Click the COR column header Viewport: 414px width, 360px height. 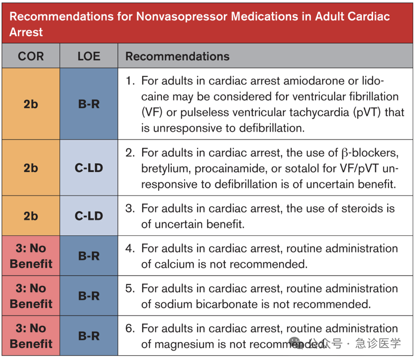tap(30, 56)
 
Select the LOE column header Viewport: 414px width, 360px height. tap(89, 56)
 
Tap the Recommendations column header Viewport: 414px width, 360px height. tap(177, 56)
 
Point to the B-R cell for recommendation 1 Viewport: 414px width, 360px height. tap(89, 104)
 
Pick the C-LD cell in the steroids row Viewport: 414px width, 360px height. tap(89, 216)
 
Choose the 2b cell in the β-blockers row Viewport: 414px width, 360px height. tap(30, 168)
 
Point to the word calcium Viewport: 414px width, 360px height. tap(174, 264)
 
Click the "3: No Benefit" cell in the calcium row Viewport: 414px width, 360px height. tap(31, 256)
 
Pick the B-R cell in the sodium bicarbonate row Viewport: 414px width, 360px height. tap(89, 296)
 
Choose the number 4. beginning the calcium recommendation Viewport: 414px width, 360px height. tap(130, 249)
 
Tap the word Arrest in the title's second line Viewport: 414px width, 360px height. tap(26, 32)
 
